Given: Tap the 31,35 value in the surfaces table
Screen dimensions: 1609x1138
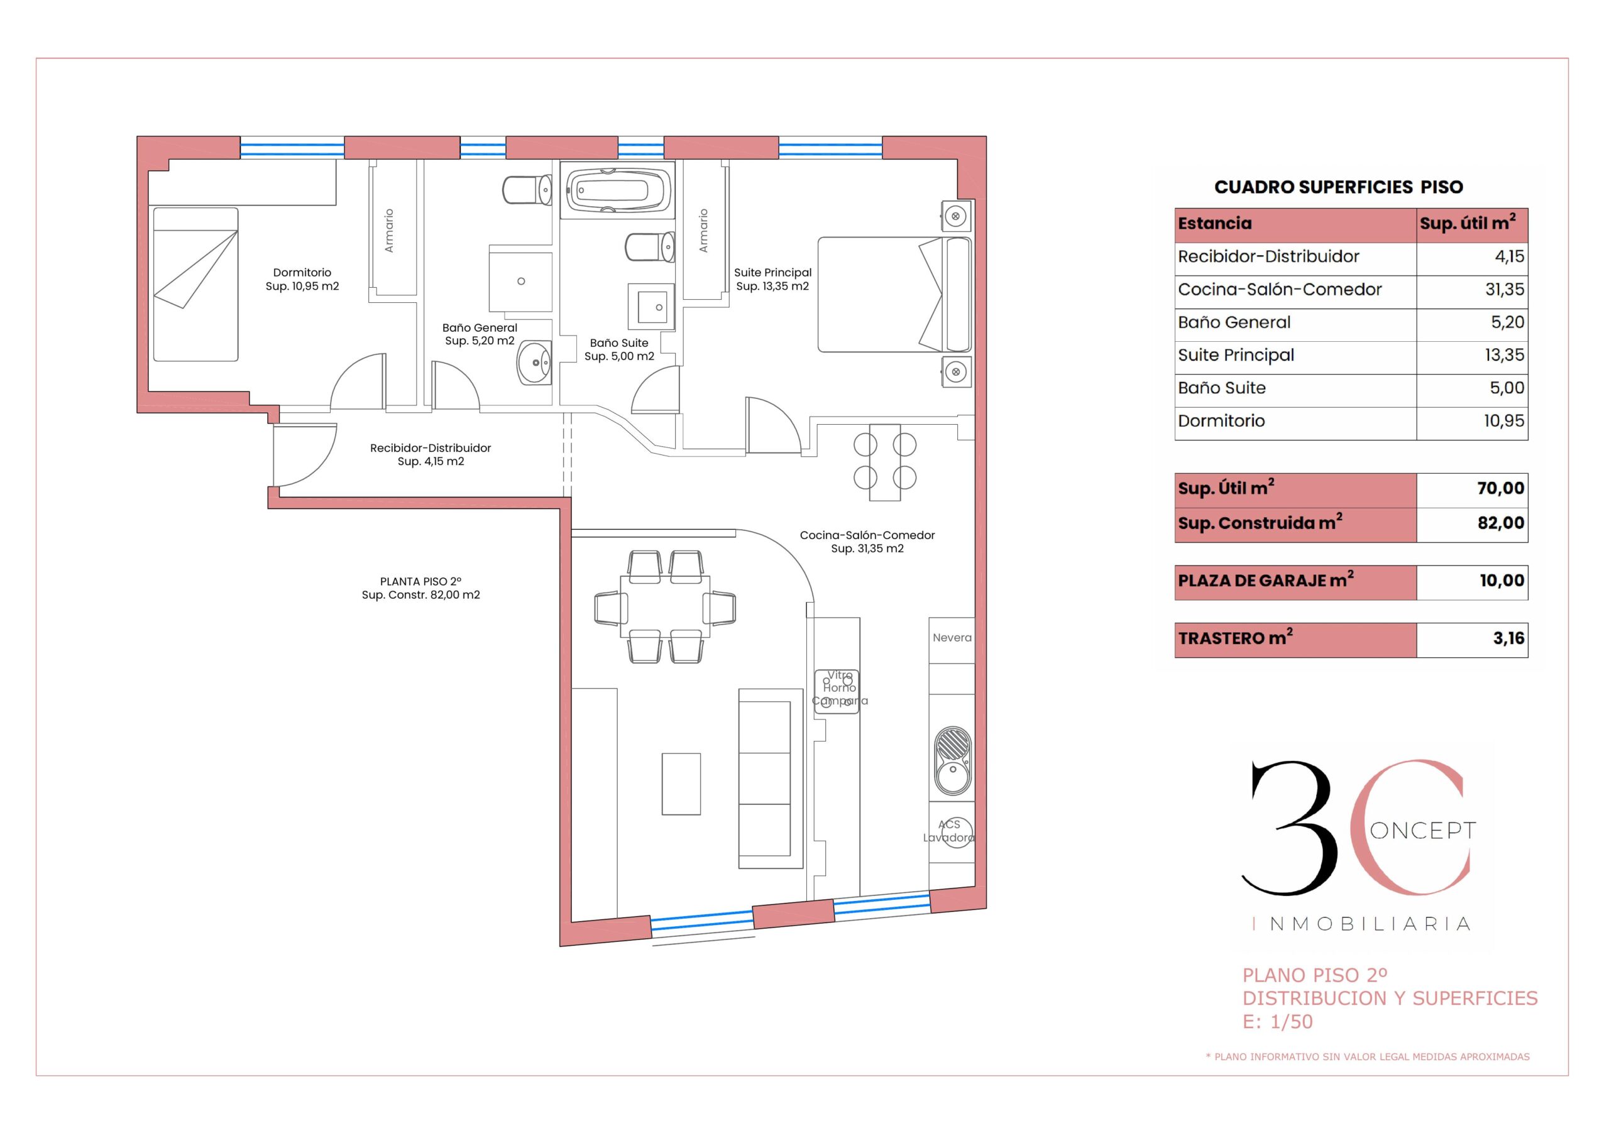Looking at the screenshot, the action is pyautogui.click(x=1504, y=290).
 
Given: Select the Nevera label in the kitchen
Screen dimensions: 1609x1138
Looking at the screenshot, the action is pyautogui.click(x=952, y=638).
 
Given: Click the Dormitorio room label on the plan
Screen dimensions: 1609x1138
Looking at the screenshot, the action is pyautogui.click(x=302, y=273).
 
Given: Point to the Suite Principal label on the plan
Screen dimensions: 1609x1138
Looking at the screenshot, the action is pyautogui.click(x=772, y=273).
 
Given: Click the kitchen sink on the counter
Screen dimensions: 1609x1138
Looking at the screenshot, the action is pyautogui.click(x=953, y=760).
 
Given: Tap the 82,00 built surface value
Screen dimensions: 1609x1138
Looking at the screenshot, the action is pyautogui.click(x=1500, y=523).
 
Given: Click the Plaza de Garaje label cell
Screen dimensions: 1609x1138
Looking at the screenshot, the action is pyautogui.click(x=1295, y=583).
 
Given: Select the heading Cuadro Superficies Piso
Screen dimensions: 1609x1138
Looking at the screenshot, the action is pyautogui.click(x=1338, y=187).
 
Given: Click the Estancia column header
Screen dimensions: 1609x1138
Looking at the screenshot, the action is pyautogui.click(x=1214, y=224).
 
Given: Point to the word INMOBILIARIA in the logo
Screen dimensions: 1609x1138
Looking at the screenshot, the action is pyautogui.click(x=1370, y=924).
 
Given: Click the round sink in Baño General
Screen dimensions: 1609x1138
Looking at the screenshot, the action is pyautogui.click(x=534, y=363).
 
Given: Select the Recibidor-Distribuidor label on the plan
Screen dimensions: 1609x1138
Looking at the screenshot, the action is pyautogui.click(x=431, y=448).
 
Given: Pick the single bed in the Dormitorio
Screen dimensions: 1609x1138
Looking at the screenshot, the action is pyautogui.click(x=195, y=285).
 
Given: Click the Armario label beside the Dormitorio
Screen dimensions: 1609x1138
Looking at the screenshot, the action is pyautogui.click(x=389, y=231).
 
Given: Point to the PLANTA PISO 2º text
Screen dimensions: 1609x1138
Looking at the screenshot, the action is pyautogui.click(x=420, y=582).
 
